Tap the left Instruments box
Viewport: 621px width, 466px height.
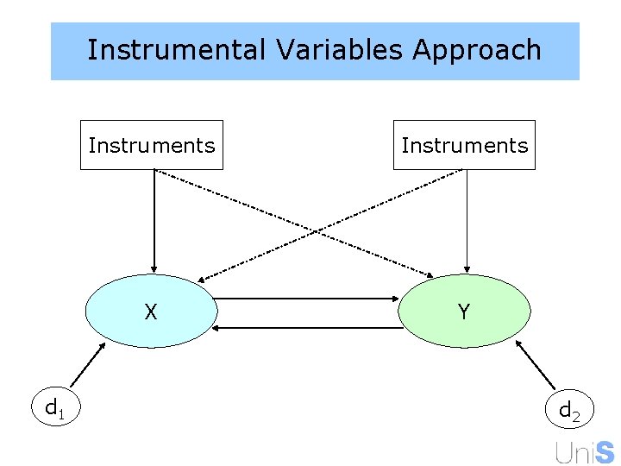152,145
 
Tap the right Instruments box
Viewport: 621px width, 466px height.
464,145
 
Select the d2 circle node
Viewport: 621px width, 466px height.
569,410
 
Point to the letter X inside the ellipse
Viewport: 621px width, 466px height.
151,312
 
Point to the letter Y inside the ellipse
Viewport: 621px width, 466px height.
464,312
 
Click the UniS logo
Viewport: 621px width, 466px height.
585,452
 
